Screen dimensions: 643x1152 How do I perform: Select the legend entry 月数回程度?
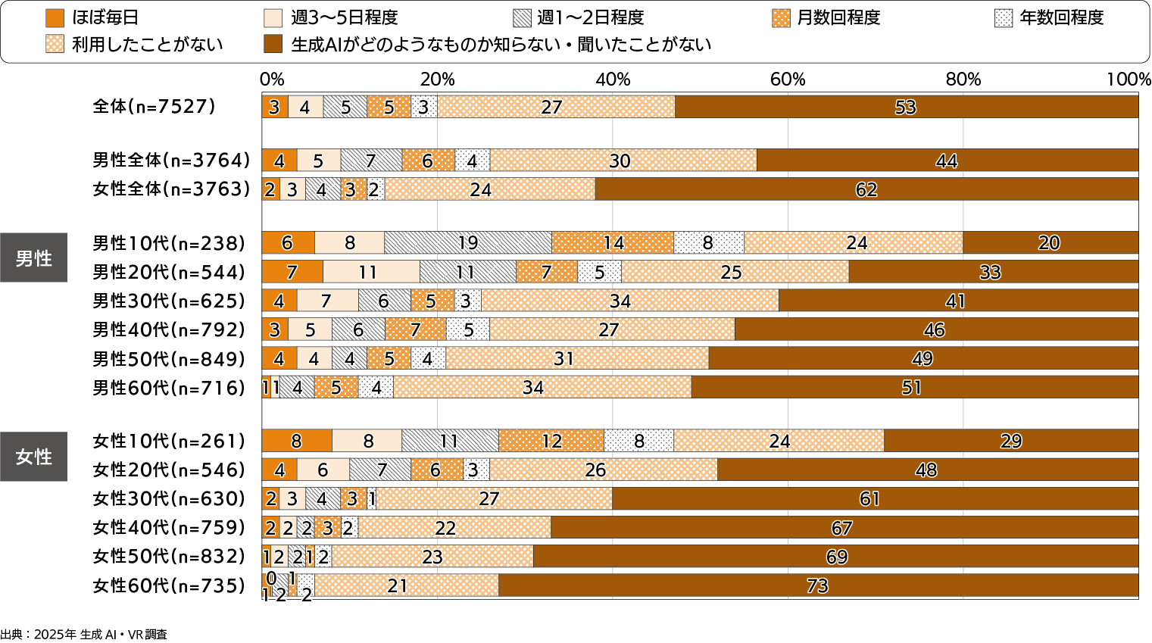pos(826,17)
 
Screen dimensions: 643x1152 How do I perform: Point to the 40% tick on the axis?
pos(613,80)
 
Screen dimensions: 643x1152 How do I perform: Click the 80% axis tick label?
pos(963,80)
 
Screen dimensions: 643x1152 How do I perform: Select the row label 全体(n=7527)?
pos(154,107)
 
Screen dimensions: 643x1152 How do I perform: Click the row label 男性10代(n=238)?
pos(169,243)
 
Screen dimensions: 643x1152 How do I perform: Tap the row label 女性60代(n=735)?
pos(169,585)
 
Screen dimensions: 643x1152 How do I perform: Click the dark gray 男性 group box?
pos(33,258)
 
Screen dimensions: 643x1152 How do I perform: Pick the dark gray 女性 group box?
pos(33,457)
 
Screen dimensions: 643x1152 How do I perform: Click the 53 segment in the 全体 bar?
pos(906,107)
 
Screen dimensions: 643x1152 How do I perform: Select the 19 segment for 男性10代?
pos(468,243)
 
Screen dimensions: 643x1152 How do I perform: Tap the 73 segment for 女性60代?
pos(818,585)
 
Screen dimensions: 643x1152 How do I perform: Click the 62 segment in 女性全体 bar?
pos(866,189)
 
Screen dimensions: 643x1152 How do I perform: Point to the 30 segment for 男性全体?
pos(620,161)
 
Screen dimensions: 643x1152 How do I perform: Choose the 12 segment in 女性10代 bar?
pos(551,441)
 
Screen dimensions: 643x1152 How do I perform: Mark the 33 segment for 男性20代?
pos(991,272)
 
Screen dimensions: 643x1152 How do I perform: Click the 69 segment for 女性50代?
pos(836,557)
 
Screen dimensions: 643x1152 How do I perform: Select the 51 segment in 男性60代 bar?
pos(912,388)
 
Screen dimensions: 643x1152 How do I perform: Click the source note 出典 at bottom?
pos(83,635)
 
